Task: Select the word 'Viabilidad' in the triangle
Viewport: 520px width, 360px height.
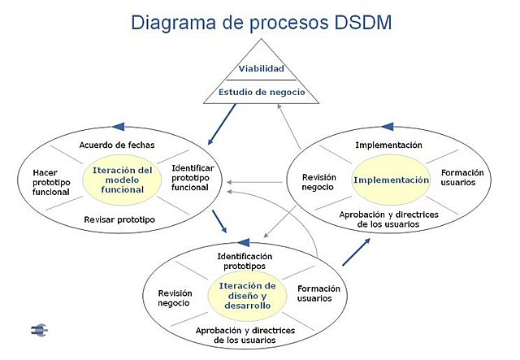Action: (x=261, y=69)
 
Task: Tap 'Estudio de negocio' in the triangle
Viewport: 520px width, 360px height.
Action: (x=262, y=92)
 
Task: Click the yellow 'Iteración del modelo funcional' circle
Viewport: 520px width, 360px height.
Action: (x=123, y=180)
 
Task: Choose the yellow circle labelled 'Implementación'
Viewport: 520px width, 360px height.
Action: (x=391, y=180)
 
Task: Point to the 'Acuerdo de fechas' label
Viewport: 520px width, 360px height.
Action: (x=117, y=145)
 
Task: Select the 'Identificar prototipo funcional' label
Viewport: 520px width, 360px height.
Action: (x=192, y=178)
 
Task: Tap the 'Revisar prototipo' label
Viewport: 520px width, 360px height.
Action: (x=119, y=219)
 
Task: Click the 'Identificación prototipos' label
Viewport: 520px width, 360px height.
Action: (x=245, y=261)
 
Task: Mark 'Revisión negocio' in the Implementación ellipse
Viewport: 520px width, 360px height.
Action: (x=318, y=181)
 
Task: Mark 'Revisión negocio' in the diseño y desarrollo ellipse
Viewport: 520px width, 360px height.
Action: (x=174, y=298)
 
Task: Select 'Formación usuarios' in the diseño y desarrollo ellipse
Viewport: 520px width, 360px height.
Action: (x=318, y=293)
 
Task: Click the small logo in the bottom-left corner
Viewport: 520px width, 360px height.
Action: (x=39, y=330)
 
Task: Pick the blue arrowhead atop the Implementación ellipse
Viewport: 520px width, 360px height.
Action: (x=387, y=128)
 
